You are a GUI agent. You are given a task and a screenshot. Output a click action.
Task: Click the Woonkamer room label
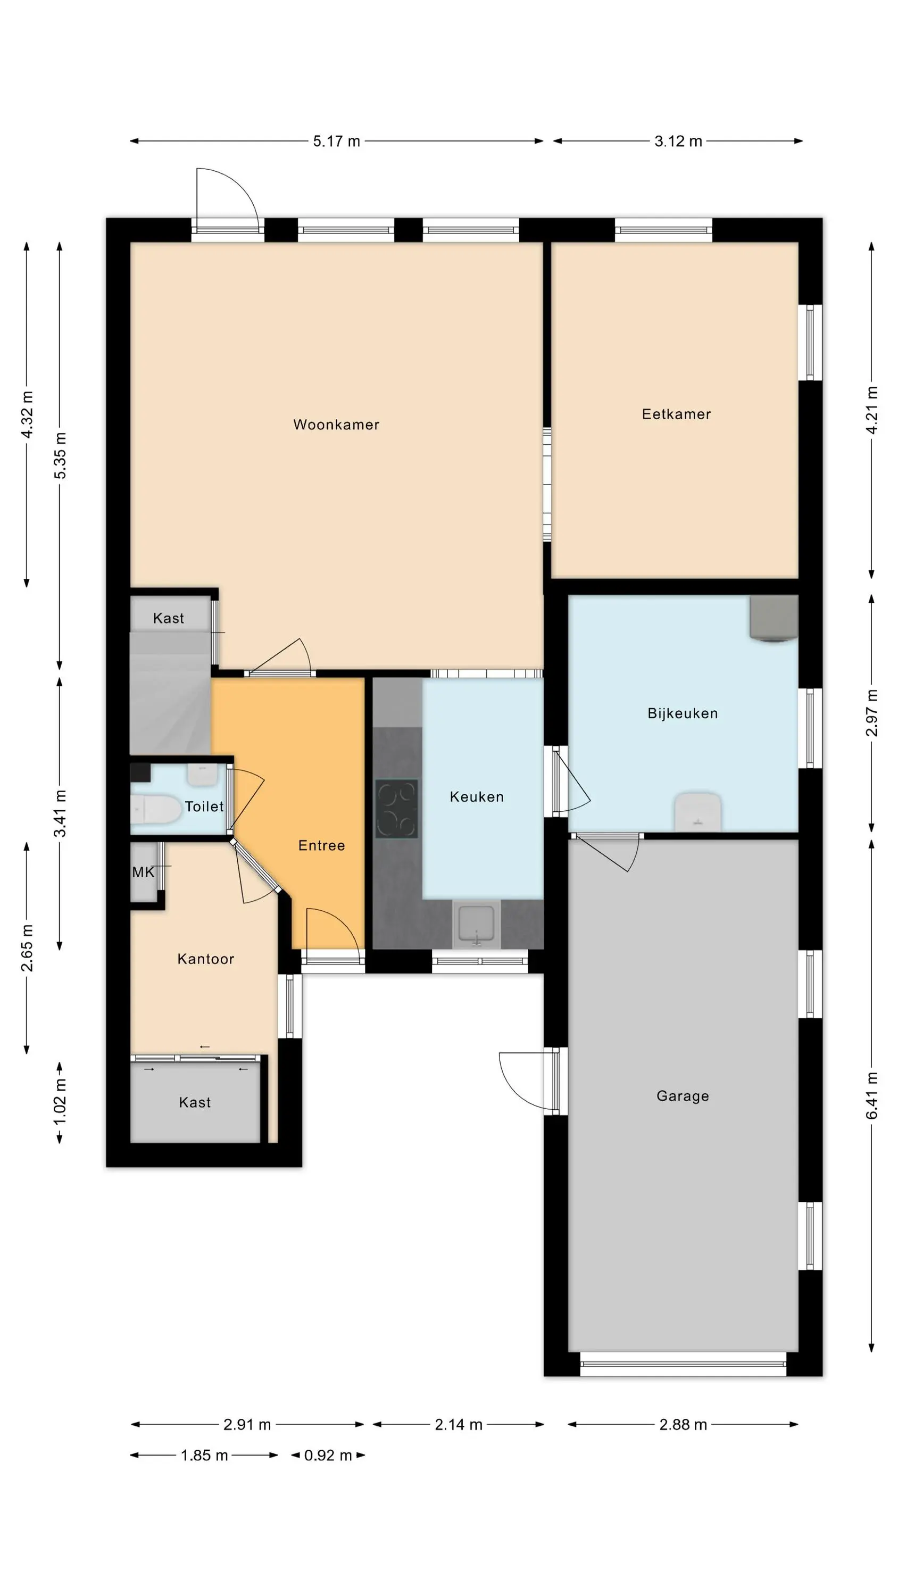coord(336,425)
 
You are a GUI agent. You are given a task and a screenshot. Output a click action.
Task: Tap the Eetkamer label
coord(676,414)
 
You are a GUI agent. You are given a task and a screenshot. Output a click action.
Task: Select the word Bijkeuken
coord(683,713)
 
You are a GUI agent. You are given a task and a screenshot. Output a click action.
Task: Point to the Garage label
coord(683,1096)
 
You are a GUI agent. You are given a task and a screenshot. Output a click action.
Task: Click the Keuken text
coord(477,797)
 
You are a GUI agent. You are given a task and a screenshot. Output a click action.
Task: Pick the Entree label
coord(321,845)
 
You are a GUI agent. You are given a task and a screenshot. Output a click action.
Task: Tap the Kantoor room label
coord(206,959)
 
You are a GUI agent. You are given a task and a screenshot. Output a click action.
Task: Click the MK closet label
coord(143,872)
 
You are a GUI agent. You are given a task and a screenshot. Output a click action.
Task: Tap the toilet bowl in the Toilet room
coord(155,809)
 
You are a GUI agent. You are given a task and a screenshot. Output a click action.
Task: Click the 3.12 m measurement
coord(678,142)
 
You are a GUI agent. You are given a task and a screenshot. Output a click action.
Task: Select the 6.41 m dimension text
coord(872,1095)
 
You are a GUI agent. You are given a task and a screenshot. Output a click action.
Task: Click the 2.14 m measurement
coord(459,1424)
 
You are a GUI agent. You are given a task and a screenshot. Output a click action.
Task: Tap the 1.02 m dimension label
coord(60,1102)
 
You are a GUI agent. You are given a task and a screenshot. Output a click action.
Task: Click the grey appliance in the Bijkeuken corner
coord(774,618)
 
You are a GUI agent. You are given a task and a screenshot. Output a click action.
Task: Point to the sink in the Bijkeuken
coord(698,812)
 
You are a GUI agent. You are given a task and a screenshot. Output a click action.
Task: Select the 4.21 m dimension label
coord(872,410)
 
